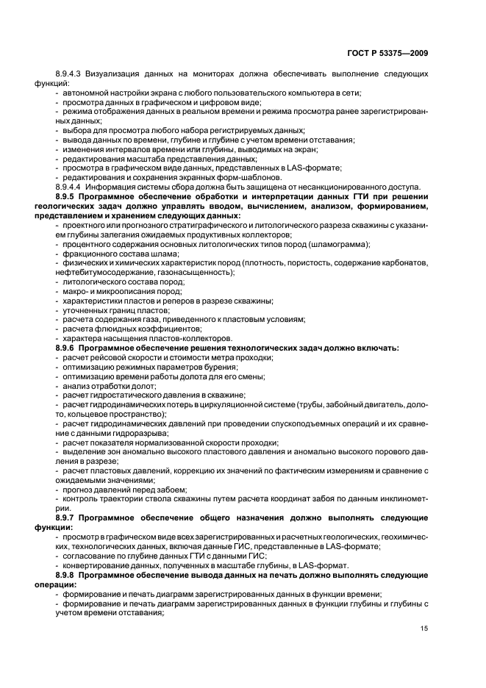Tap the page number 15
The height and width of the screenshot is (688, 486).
click(x=424, y=627)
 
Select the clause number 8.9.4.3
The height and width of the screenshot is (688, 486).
click(x=71, y=75)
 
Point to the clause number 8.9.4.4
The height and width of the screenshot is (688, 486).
click(x=71, y=187)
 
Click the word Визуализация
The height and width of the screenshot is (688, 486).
click(x=116, y=75)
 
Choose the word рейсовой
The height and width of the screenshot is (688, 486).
click(x=103, y=357)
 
